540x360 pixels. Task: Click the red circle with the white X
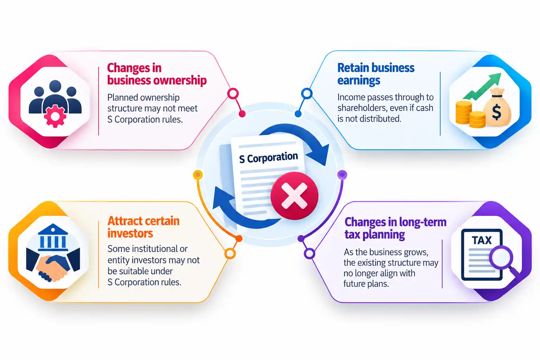pyautogui.click(x=294, y=196)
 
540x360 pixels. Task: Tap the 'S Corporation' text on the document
pyautogui.click(x=269, y=158)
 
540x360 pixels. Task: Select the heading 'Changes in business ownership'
pyautogui.click(x=157, y=74)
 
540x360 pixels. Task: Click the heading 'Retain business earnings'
pyautogui.click(x=376, y=74)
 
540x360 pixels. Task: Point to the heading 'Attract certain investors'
pyautogui.click(x=143, y=227)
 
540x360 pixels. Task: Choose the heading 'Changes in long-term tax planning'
pyautogui.click(x=396, y=228)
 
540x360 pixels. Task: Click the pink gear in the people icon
pyautogui.click(x=55, y=116)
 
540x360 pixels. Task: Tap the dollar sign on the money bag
pyautogui.click(x=496, y=112)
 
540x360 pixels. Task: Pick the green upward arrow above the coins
pyautogui.click(x=482, y=86)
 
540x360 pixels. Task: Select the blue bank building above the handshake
pyautogui.click(x=53, y=238)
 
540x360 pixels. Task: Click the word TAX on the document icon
pyautogui.click(x=482, y=240)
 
